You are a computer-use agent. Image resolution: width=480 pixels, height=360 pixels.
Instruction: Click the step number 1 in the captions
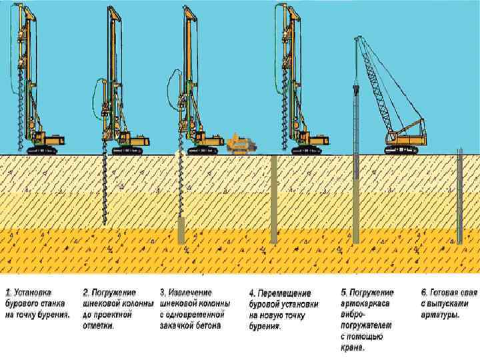point(9,293)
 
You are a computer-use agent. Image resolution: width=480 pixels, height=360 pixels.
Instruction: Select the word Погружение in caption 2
point(114,293)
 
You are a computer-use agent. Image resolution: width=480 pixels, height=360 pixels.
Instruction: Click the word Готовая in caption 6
point(449,293)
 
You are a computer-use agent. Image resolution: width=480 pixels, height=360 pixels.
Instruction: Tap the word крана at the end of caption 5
point(353,347)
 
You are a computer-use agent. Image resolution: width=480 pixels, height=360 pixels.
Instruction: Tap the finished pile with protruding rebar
point(459,197)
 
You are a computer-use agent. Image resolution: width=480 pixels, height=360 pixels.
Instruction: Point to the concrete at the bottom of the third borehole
point(181,230)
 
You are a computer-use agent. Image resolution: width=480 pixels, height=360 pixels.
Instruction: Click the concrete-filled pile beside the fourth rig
point(274,200)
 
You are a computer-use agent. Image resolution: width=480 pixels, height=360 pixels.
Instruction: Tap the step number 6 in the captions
point(424,293)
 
